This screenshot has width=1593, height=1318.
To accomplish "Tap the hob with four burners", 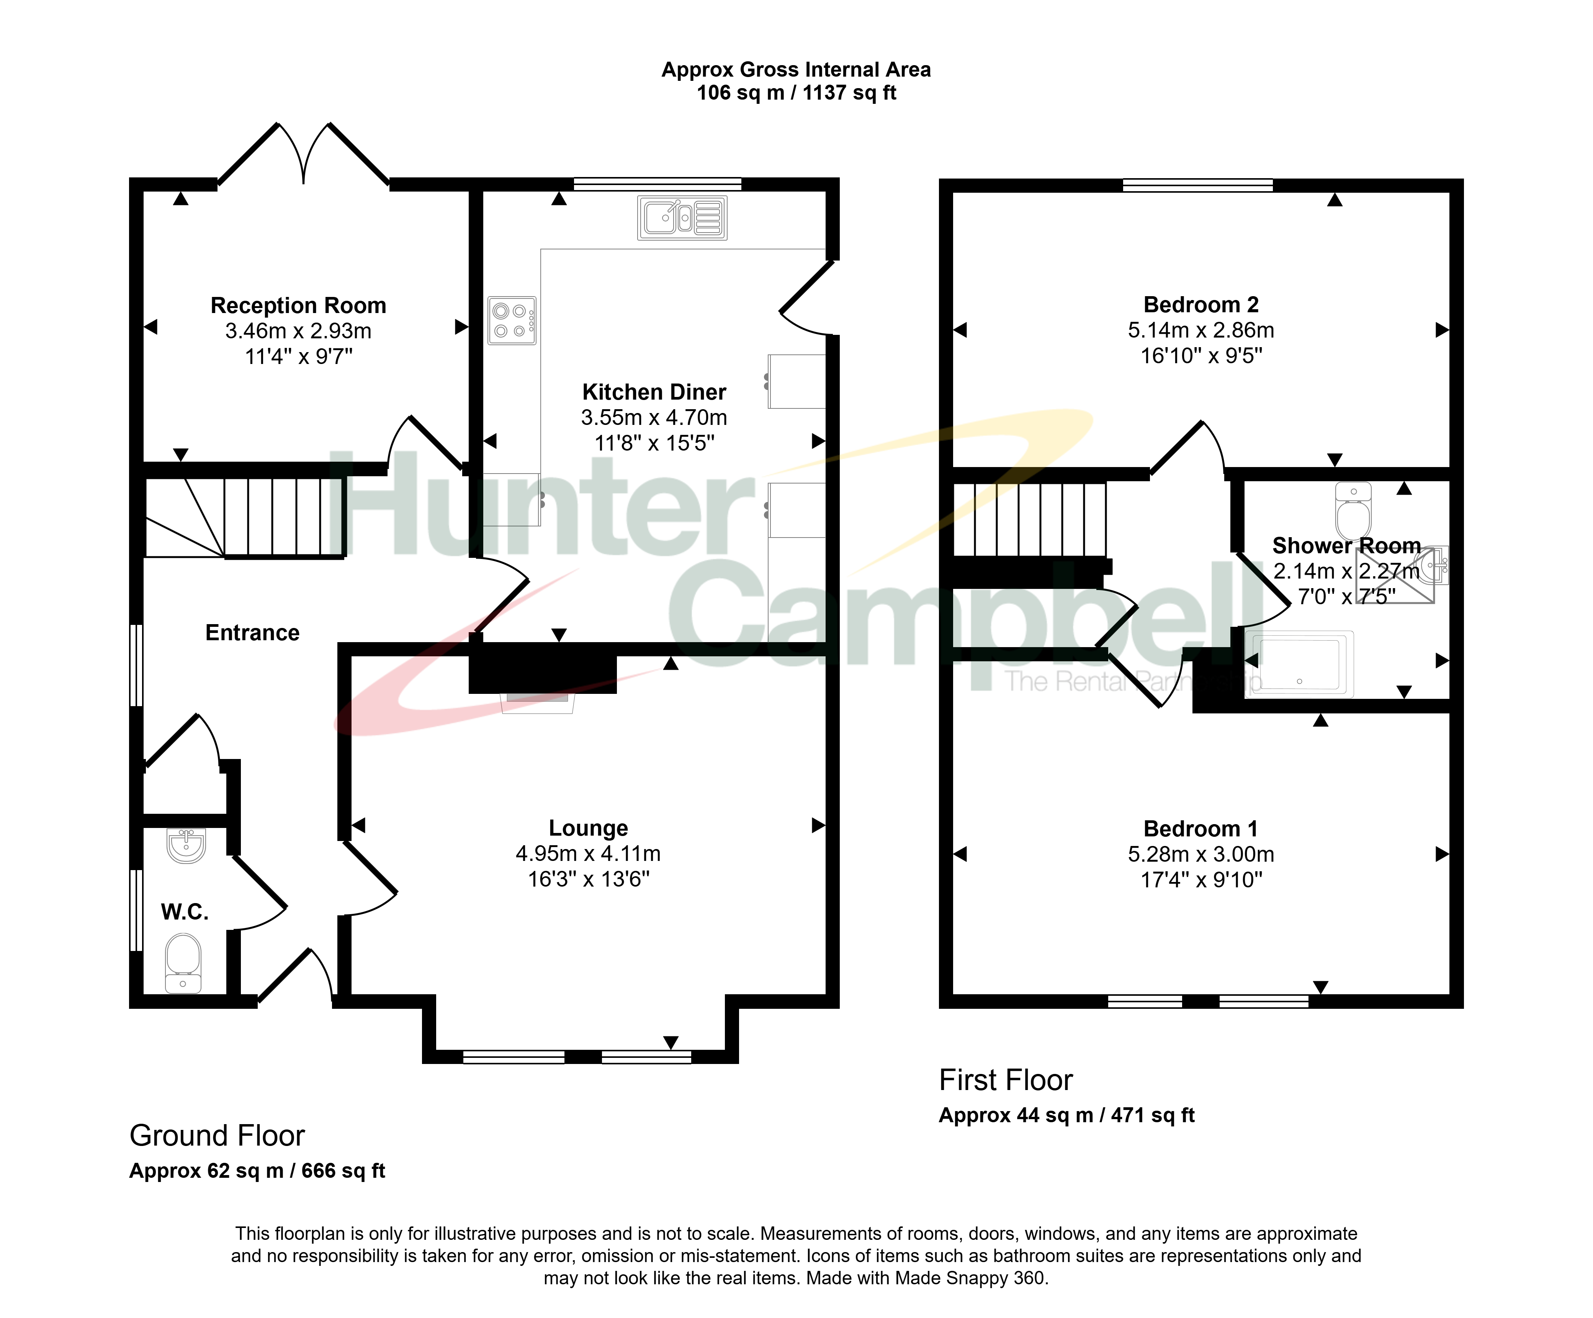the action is pos(512,320).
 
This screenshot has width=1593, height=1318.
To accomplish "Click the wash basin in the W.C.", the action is pos(186,845).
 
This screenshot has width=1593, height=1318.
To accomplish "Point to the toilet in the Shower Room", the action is pos(1353,511).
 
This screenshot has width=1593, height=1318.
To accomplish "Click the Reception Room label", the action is pos(298,305).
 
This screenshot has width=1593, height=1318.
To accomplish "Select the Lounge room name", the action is pos(589,828).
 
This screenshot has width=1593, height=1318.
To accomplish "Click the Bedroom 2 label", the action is pos(1201,304).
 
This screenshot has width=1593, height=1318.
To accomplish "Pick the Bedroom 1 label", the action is pos(1201,829).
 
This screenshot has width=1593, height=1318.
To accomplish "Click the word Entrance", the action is pos(253,633).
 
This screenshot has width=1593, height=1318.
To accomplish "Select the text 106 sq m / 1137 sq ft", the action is pos(796,93).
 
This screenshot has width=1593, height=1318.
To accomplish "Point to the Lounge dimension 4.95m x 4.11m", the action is pos(589,854).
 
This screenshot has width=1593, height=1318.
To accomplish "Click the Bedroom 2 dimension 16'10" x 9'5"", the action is pos(1202,355).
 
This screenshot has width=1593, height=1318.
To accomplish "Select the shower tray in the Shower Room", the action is pos(1299,664).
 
